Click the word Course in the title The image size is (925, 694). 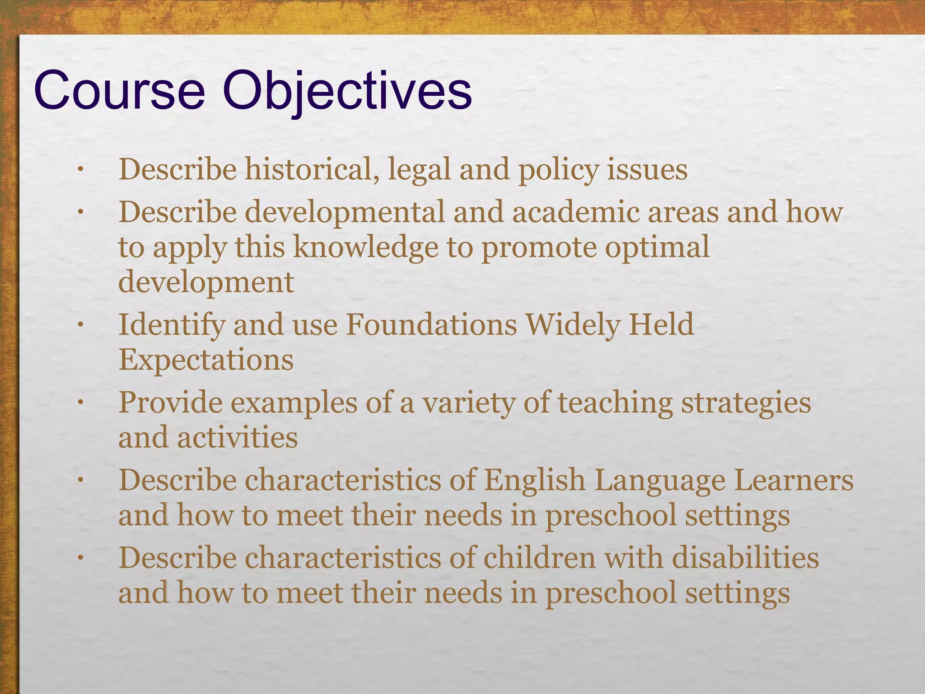[120, 92]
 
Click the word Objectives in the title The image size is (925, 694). [347, 92]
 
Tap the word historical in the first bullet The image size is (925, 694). [312, 170]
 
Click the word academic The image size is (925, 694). [576, 212]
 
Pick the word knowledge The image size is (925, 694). [366, 248]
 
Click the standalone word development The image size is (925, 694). [206, 283]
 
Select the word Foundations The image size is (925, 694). [431, 325]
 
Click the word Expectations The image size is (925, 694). [206, 360]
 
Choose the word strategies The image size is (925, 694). [746, 403]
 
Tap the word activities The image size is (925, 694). [237, 438]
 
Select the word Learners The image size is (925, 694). [793, 480]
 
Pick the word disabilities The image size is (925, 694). [745, 558]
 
